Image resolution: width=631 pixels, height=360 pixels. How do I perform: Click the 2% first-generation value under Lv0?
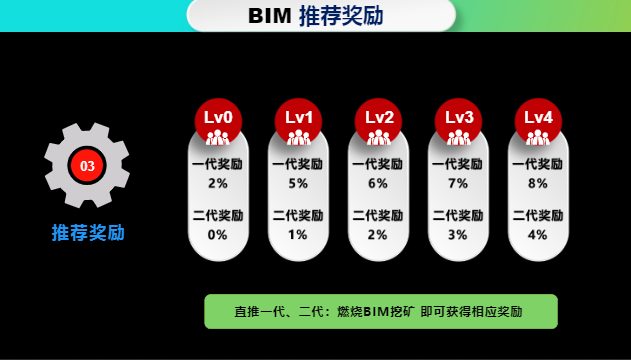pyautogui.click(x=218, y=183)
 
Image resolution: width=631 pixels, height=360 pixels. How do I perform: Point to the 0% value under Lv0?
pyautogui.click(x=218, y=235)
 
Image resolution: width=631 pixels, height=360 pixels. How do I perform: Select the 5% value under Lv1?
pyautogui.click(x=298, y=183)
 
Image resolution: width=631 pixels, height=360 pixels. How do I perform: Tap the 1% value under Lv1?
pyautogui.click(x=298, y=235)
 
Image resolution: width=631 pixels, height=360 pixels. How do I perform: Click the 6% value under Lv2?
pyautogui.click(x=378, y=183)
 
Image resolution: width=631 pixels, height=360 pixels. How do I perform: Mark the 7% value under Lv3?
pyautogui.click(x=458, y=183)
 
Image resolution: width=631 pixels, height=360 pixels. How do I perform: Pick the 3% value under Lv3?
pyautogui.click(x=458, y=235)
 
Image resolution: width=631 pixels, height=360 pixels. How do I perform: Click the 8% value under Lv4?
pyautogui.click(x=538, y=183)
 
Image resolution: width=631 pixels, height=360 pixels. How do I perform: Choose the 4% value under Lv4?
pyautogui.click(x=538, y=235)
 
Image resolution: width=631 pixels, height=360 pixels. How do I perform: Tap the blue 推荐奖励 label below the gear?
pyautogui.click(x=88, y=233)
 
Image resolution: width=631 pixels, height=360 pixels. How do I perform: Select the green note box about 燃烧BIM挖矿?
pyautogui.click(x=380, y=311)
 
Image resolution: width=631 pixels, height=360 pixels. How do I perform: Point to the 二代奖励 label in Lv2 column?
pyautogui.click(x=378, y=215)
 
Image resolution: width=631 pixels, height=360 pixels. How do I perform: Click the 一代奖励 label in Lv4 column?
pyautogui.click(x=538, y=164)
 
